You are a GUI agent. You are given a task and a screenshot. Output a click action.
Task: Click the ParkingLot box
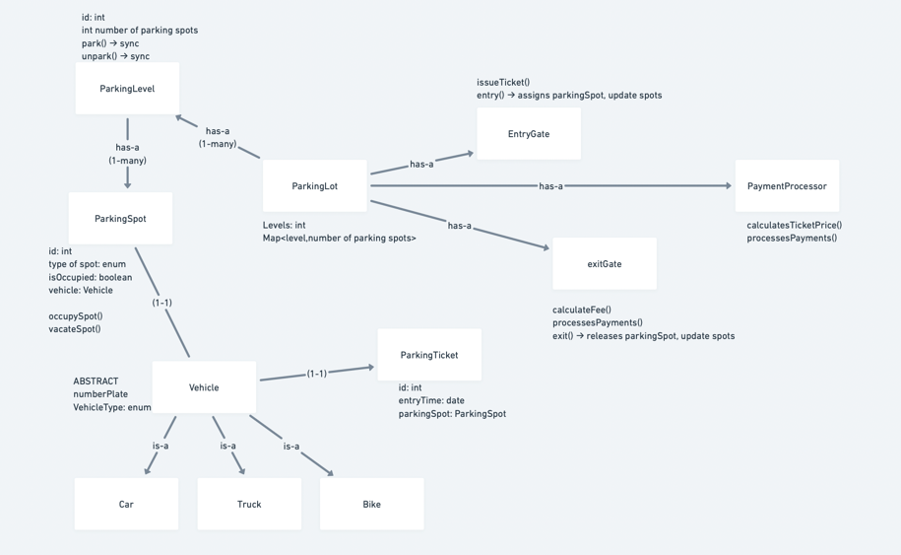coord(314,185)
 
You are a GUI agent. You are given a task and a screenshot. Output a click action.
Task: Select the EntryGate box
coord(529,134)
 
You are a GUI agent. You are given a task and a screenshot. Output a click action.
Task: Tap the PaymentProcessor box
coord(787,185)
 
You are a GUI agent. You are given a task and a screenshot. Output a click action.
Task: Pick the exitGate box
coord(605,264)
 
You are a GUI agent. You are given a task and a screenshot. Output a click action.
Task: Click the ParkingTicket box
coord(429,355)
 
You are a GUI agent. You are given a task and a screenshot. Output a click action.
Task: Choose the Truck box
coord(249,504)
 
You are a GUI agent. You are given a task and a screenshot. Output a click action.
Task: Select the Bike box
coord(372,504)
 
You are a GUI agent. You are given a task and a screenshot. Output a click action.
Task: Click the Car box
coord(126,504)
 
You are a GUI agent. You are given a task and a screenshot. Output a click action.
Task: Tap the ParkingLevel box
coord(128,89)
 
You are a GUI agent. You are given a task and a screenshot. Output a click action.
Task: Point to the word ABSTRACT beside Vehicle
coord(96,382)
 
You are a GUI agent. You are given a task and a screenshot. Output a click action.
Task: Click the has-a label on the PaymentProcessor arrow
coord(550,186)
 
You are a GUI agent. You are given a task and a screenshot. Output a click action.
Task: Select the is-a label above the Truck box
coord(227,446)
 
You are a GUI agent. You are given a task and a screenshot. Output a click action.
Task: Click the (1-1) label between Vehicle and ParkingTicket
coord(317,374)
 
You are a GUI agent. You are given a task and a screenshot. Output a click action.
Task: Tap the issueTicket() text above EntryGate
coord(503,82)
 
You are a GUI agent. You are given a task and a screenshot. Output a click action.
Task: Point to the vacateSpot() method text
coord(75,329)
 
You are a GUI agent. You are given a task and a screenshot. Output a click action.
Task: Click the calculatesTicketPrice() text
coord(794,225)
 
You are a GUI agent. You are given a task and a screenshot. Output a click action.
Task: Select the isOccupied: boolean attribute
coord(91,277)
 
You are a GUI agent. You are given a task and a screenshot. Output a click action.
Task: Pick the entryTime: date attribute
coord(431,400)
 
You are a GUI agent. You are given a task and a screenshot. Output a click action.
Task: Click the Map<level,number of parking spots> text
coord(339,239)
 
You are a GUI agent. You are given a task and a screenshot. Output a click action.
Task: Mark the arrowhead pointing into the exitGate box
coord(546,247)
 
